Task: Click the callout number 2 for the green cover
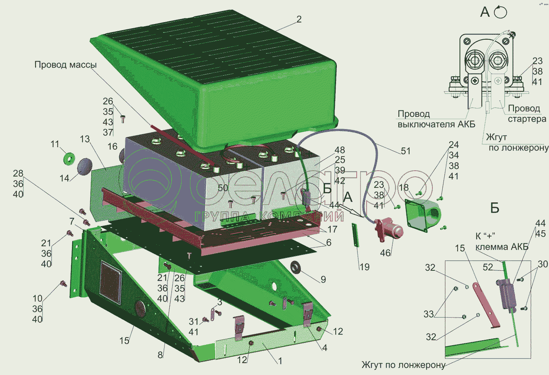(x=299, y=19)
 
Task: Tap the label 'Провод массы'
(x=65, y=65)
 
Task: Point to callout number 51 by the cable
(x=406, y=151)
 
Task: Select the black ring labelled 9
(x=296, y=267)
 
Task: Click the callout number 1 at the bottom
(x=280, y=361)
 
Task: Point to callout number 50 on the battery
(x=223, y=188)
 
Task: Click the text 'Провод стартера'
(x=526, y=114)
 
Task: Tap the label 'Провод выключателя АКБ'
(x=436, y=119)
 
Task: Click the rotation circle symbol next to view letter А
(x=500, y=13)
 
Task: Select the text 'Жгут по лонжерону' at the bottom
(x=403, y=365)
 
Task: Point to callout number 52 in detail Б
(x=488, y=267)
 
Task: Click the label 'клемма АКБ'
(x=502, y=247)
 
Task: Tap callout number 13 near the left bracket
(x=85, y=139)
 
